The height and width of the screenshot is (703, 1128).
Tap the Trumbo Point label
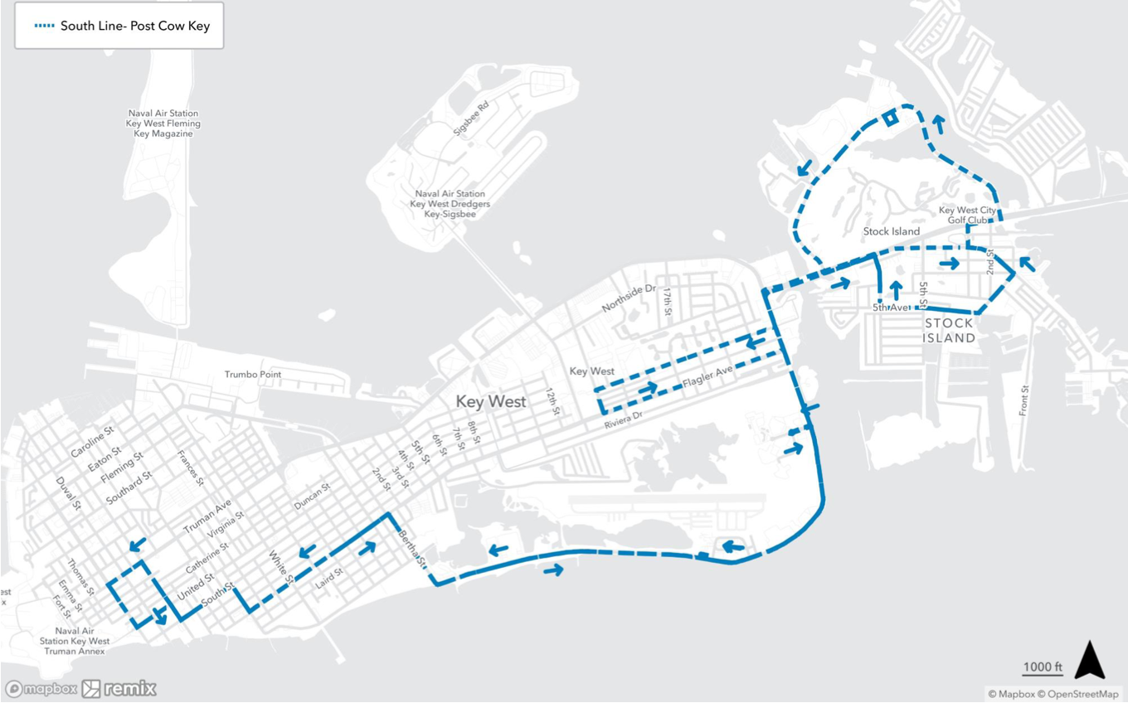pos(253,375)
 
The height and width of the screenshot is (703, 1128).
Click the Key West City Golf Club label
pos(967,216)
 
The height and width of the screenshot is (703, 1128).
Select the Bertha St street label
pos(411,546)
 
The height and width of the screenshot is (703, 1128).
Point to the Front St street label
pos(1025,400)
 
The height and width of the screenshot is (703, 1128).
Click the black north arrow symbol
pos(1090,661)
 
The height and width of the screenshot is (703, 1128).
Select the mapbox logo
pos(41,689)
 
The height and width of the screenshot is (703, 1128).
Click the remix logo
pos(119,688)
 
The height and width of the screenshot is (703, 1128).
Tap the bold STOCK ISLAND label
pos(949,331)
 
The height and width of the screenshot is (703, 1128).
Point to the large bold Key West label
pos(490,402)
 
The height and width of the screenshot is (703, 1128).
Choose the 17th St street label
pos(666,303)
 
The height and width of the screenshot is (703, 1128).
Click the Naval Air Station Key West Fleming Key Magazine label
pos(163,124)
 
